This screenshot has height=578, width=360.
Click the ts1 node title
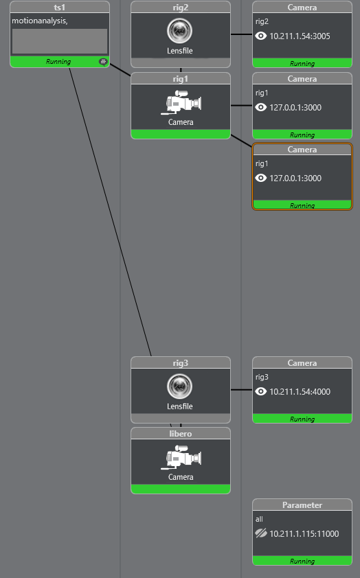[60, 8]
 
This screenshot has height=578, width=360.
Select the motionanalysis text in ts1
[40, 21]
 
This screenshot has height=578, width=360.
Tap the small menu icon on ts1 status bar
[103, 62]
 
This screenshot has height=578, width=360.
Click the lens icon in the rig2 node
[179, 31]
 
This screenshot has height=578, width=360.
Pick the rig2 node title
[181, 8]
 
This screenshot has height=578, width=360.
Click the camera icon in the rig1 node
[181, 102]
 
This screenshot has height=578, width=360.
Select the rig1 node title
[181, 79]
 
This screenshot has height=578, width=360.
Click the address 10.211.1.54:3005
[300, 36]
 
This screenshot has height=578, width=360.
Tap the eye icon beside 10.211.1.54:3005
[261, 36]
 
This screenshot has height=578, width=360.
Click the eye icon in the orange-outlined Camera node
[261, 178]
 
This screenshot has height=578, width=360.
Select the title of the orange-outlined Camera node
[302, 150]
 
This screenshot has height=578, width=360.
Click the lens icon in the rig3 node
[179, 386]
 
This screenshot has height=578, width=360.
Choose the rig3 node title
[181, 363]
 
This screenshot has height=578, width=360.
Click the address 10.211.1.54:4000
[300, 392]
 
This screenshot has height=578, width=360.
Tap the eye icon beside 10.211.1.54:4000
[261, 391]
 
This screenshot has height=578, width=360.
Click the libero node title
[181, 434]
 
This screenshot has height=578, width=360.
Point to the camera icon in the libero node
[181, 457]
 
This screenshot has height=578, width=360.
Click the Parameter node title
[302, 505]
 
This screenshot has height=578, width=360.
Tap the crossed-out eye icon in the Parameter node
[261, 533]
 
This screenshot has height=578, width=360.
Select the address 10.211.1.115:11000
[304, 534]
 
